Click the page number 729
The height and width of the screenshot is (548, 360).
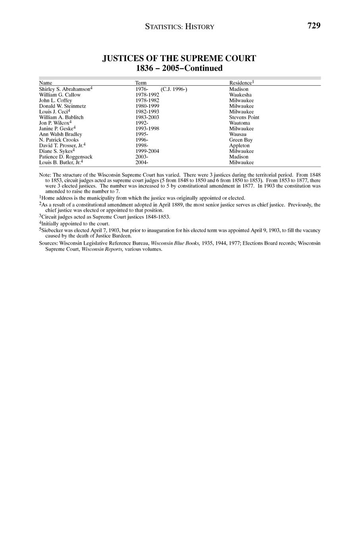pyautogui.click(x=313, y=26)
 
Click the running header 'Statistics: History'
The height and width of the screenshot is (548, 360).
pyautogui.click(x=179, y=27)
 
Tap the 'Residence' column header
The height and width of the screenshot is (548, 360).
pyautogui.click(x=241, y=83)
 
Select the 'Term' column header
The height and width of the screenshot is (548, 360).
pyautogui.click(x=141, y=83)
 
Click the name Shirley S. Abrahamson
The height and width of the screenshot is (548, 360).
pyautogui.click(x=65, y=89)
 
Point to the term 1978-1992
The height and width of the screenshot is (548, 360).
pyautogui.click(x=147, y=95)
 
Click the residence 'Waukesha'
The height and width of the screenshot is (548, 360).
pyautogui.click(x=240, y=95)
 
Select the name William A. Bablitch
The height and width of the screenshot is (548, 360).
pyautogui.click(x=61, y=118)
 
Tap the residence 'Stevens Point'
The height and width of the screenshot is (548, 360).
pyautogui.click(x=244, y=118)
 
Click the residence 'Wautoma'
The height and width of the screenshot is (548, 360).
pyautogui.click(x=239, y=123)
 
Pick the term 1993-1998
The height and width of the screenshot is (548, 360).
pyautogui.click(x=147, y=129)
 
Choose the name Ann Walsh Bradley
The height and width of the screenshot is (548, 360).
pyautogui.click(x=60, y=134)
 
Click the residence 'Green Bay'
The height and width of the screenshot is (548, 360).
pyautogui.click(x=241, y=140)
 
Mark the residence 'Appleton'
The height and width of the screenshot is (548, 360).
pyautogui.click(x=239, y=146)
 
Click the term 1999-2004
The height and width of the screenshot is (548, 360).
pyautogui.click(x=147, y=151)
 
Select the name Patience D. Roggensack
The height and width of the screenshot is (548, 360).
pyautogui.click(x=65, y=157)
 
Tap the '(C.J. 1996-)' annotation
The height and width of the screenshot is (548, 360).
pyautogui.click(x=174, y=89)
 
